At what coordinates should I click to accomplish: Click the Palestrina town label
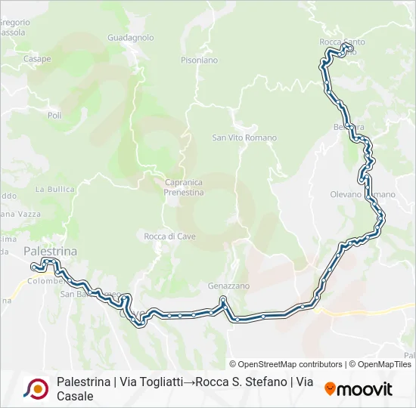[x=51, y=250]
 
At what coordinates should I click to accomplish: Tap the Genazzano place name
[x=229, y=286]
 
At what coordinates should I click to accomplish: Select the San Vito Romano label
[x=244, y=138]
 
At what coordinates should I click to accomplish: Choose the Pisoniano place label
[x=199, y=60]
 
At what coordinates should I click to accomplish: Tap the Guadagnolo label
[x=131, y=37]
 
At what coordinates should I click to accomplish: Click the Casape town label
[x=37, y=59]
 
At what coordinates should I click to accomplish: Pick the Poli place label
[x=54, y=115]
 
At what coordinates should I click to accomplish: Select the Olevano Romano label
[x=362, y=194]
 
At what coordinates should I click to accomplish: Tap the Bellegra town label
[x=349, y=126]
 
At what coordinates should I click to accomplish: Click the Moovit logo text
[x=365, y=389]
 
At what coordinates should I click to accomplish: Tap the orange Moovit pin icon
[x=330, y=389]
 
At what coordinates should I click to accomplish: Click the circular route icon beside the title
[x=35, y=389]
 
